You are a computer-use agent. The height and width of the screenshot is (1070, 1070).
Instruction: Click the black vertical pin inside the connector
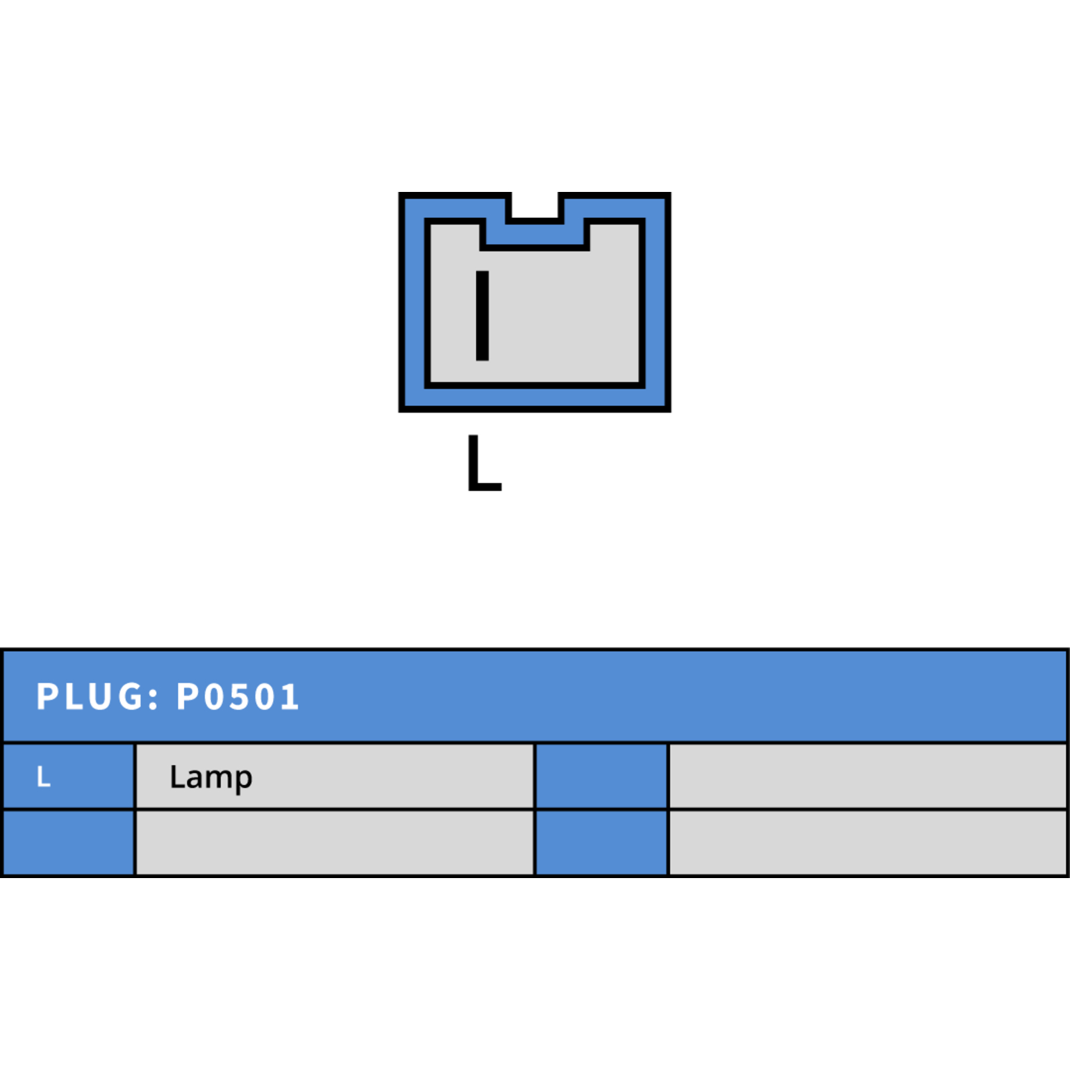click(x=482, y=316)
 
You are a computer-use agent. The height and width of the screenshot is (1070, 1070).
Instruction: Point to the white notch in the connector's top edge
click(x=535, y=205)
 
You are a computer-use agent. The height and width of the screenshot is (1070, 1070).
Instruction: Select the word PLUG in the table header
click(x=90, y=696)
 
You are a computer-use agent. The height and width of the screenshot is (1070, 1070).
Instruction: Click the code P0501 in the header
click(x=237, y=696)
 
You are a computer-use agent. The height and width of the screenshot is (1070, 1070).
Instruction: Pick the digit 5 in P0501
click(x=237, y=696)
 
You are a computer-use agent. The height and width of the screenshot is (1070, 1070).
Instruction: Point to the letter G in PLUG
click(x=130, y=696)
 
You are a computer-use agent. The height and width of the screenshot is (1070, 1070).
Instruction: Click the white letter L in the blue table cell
click(x=43, y=776)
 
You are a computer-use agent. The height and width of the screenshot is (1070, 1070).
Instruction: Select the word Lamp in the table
click(x=211, y=778)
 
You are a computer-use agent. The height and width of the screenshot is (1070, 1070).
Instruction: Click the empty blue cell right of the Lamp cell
click(x=602, y=776)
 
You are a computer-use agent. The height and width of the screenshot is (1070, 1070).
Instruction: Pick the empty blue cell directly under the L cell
click(x=69, y=843)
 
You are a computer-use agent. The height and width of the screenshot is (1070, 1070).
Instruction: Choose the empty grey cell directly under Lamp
click(x=335, y=843)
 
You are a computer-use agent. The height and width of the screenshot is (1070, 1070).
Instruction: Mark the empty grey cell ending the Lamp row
click(x=867, y=776)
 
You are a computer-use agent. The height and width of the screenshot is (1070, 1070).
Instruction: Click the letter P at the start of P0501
click(x=187, y=696)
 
